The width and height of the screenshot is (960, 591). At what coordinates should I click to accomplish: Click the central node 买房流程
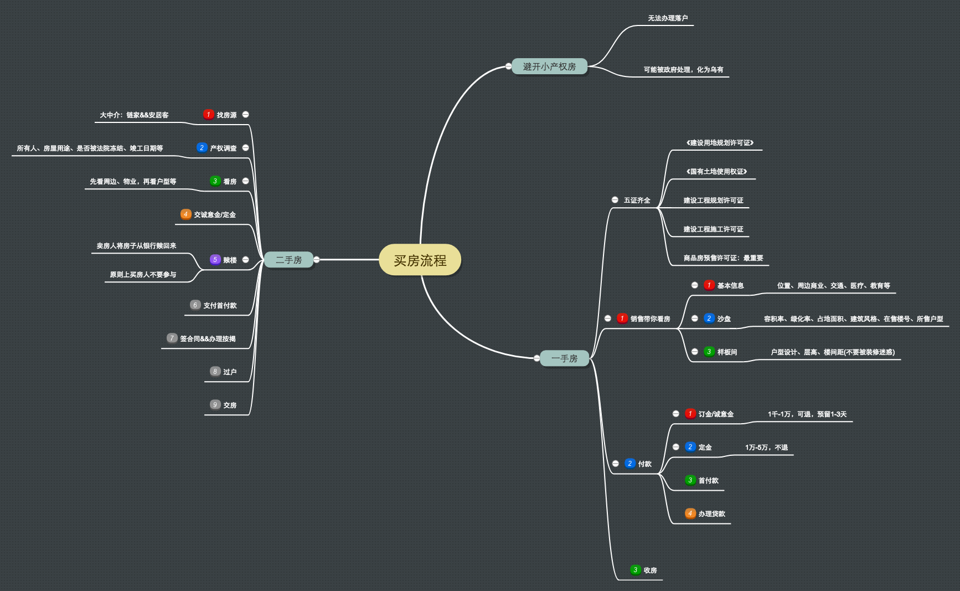420,260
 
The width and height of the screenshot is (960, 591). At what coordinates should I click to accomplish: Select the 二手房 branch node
288,260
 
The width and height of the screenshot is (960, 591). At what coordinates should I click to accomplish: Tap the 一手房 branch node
564,358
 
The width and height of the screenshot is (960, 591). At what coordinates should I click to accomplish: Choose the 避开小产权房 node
549,66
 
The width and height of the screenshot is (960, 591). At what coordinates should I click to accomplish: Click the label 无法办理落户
668,18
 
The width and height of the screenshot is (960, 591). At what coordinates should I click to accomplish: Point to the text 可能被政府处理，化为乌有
683,70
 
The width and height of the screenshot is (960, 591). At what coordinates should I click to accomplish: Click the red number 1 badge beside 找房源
209,115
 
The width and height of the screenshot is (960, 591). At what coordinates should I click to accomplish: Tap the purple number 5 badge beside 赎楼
215,260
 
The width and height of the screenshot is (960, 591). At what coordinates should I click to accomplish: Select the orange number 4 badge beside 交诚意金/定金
186,214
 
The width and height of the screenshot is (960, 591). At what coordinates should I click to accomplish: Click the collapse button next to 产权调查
245,148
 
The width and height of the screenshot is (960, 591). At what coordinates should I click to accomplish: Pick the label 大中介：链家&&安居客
134,115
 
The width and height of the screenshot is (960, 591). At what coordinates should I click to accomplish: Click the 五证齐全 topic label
637,201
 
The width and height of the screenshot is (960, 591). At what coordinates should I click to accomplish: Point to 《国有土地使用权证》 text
716,172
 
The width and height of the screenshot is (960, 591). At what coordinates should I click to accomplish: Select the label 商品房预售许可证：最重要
723,258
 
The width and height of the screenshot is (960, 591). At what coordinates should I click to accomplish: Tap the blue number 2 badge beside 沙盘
709,318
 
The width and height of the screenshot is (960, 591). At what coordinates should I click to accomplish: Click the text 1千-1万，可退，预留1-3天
807,414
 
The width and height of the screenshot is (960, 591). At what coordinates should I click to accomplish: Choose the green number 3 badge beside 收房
636,570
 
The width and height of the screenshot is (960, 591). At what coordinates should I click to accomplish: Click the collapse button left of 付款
616,464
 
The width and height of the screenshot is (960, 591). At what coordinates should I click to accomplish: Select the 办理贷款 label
711,514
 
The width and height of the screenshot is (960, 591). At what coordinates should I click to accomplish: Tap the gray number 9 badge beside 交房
215,405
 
